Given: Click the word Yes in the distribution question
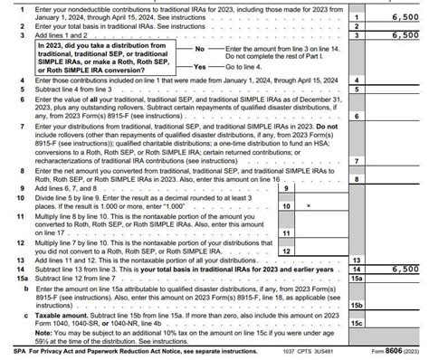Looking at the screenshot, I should pyautogui.click(x=200, y=67).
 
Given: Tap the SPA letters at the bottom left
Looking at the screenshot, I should pyautogui.click(x=10, y=348).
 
